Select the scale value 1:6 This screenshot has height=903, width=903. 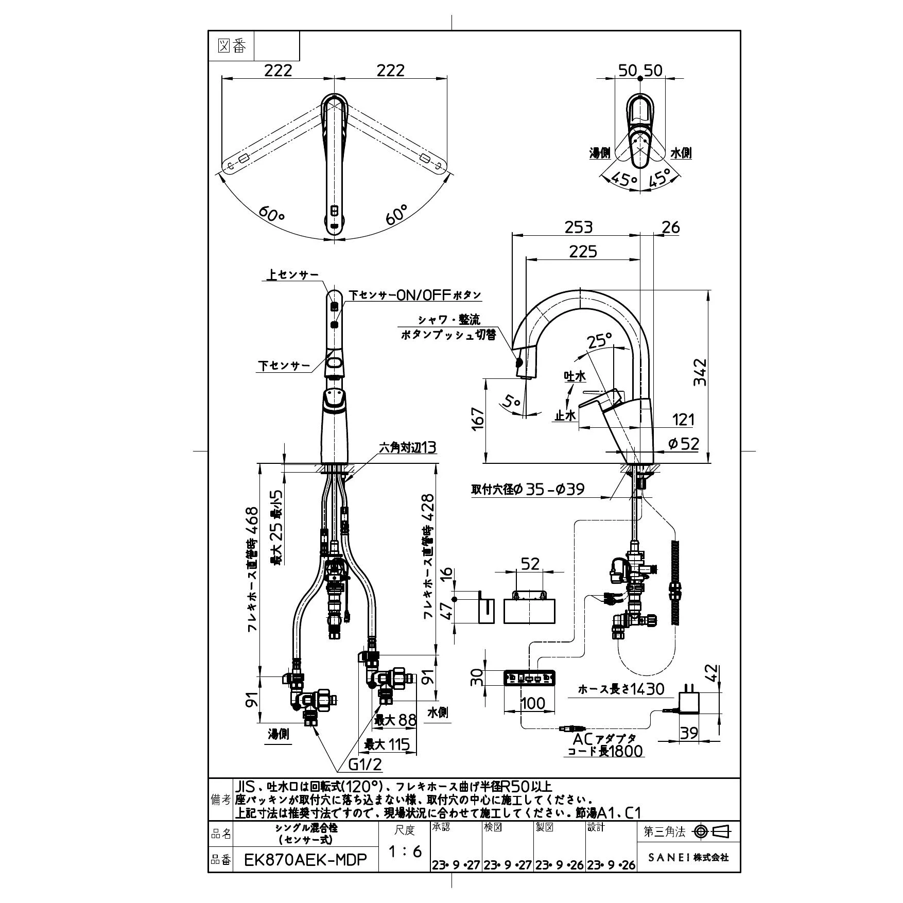pyautogui.click(x=404, y=851)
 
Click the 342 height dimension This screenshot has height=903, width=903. pyautogui.click(x=700, y=372)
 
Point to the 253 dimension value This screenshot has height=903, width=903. pyautogui.click(x=579, y=227)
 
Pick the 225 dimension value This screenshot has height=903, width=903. pyautogui.click(x=583, y=251)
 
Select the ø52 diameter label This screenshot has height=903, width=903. pyautogui.click(x=683, y=443)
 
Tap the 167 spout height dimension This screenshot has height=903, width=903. pyautogui.click(x=478, y=420)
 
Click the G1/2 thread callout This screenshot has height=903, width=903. pyautogui.click(x=366, y=779)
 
